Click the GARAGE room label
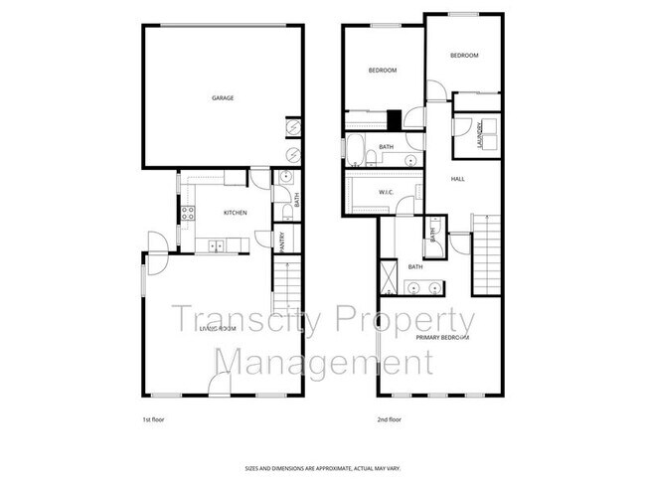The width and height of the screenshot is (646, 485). (x=223, y=98)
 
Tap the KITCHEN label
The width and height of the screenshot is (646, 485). (x=235, y=213)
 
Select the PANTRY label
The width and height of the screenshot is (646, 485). (x=283, y=242)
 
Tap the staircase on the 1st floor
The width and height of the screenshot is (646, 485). (x=286, y=287)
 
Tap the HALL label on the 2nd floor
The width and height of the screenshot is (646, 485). (x=457, y=179)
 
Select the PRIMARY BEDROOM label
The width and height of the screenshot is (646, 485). (x=442, y=338)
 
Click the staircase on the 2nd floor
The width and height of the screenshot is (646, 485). (x=485, y=254)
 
